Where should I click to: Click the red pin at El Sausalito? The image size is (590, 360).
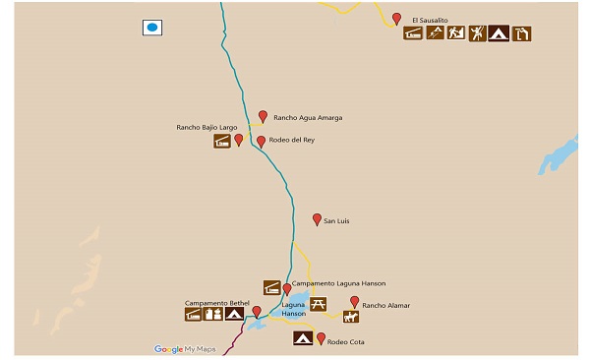pyautogui.click(x=396, y=18)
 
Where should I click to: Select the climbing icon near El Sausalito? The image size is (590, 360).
pyautogui.click(x=477, y=34)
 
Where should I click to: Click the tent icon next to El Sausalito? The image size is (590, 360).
pyautogui.click(x=499, y=34)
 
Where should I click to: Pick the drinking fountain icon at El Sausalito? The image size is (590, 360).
pyautogui.click(x=521, y=34)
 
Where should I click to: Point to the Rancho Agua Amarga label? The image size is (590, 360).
pyautogui.click(x=308, y=118)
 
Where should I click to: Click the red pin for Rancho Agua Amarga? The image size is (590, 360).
pyautogui.click(x=263, y=116)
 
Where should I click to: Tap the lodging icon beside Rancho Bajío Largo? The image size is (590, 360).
pyautogui.click(x=222, y=142)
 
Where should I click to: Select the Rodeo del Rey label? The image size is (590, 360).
pyautogui.click(x=291, y=141)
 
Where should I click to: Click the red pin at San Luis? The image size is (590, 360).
pyautogui.click(x=317, y=219)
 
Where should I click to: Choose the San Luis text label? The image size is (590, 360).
pyautogui.click(x=337, y=221)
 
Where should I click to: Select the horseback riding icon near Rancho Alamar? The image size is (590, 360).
pyautogui.click(x=350, y=317)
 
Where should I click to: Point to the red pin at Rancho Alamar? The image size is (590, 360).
pyautogui.click(x=354, y=302)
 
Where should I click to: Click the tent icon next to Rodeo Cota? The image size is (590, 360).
pyautogui.click(x=304, y=339)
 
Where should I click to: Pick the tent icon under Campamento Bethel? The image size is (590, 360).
pyautogui.click(x=234, y=315)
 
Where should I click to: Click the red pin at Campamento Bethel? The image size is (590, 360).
pyautogui.click(x=257, y=312)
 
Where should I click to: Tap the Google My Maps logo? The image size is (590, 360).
pyautogui.click(x=185, y=349)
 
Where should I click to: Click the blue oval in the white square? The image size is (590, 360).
pyautogui.click(x=152, y=28)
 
